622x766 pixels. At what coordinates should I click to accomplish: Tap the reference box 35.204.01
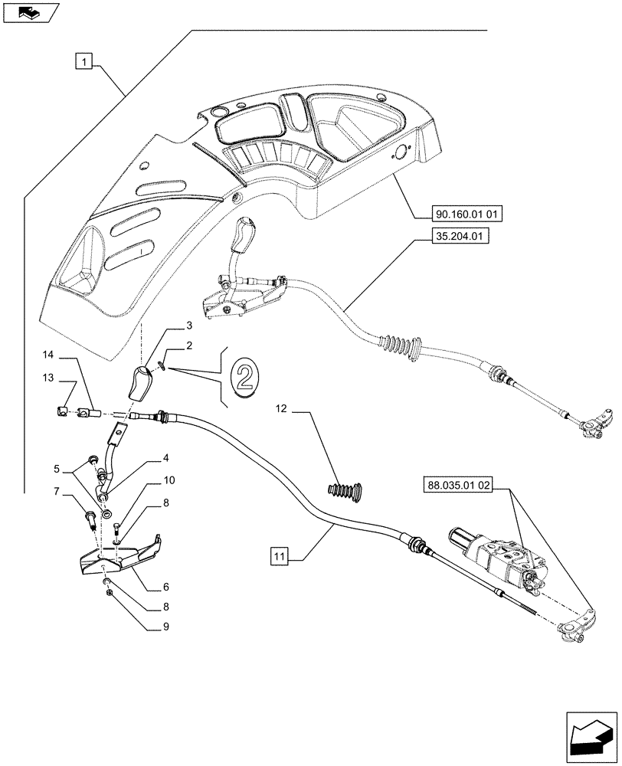pos(454,237)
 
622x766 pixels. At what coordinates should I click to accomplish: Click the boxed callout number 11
pos(279,555)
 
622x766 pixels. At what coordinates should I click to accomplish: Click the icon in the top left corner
pos(28,11)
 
